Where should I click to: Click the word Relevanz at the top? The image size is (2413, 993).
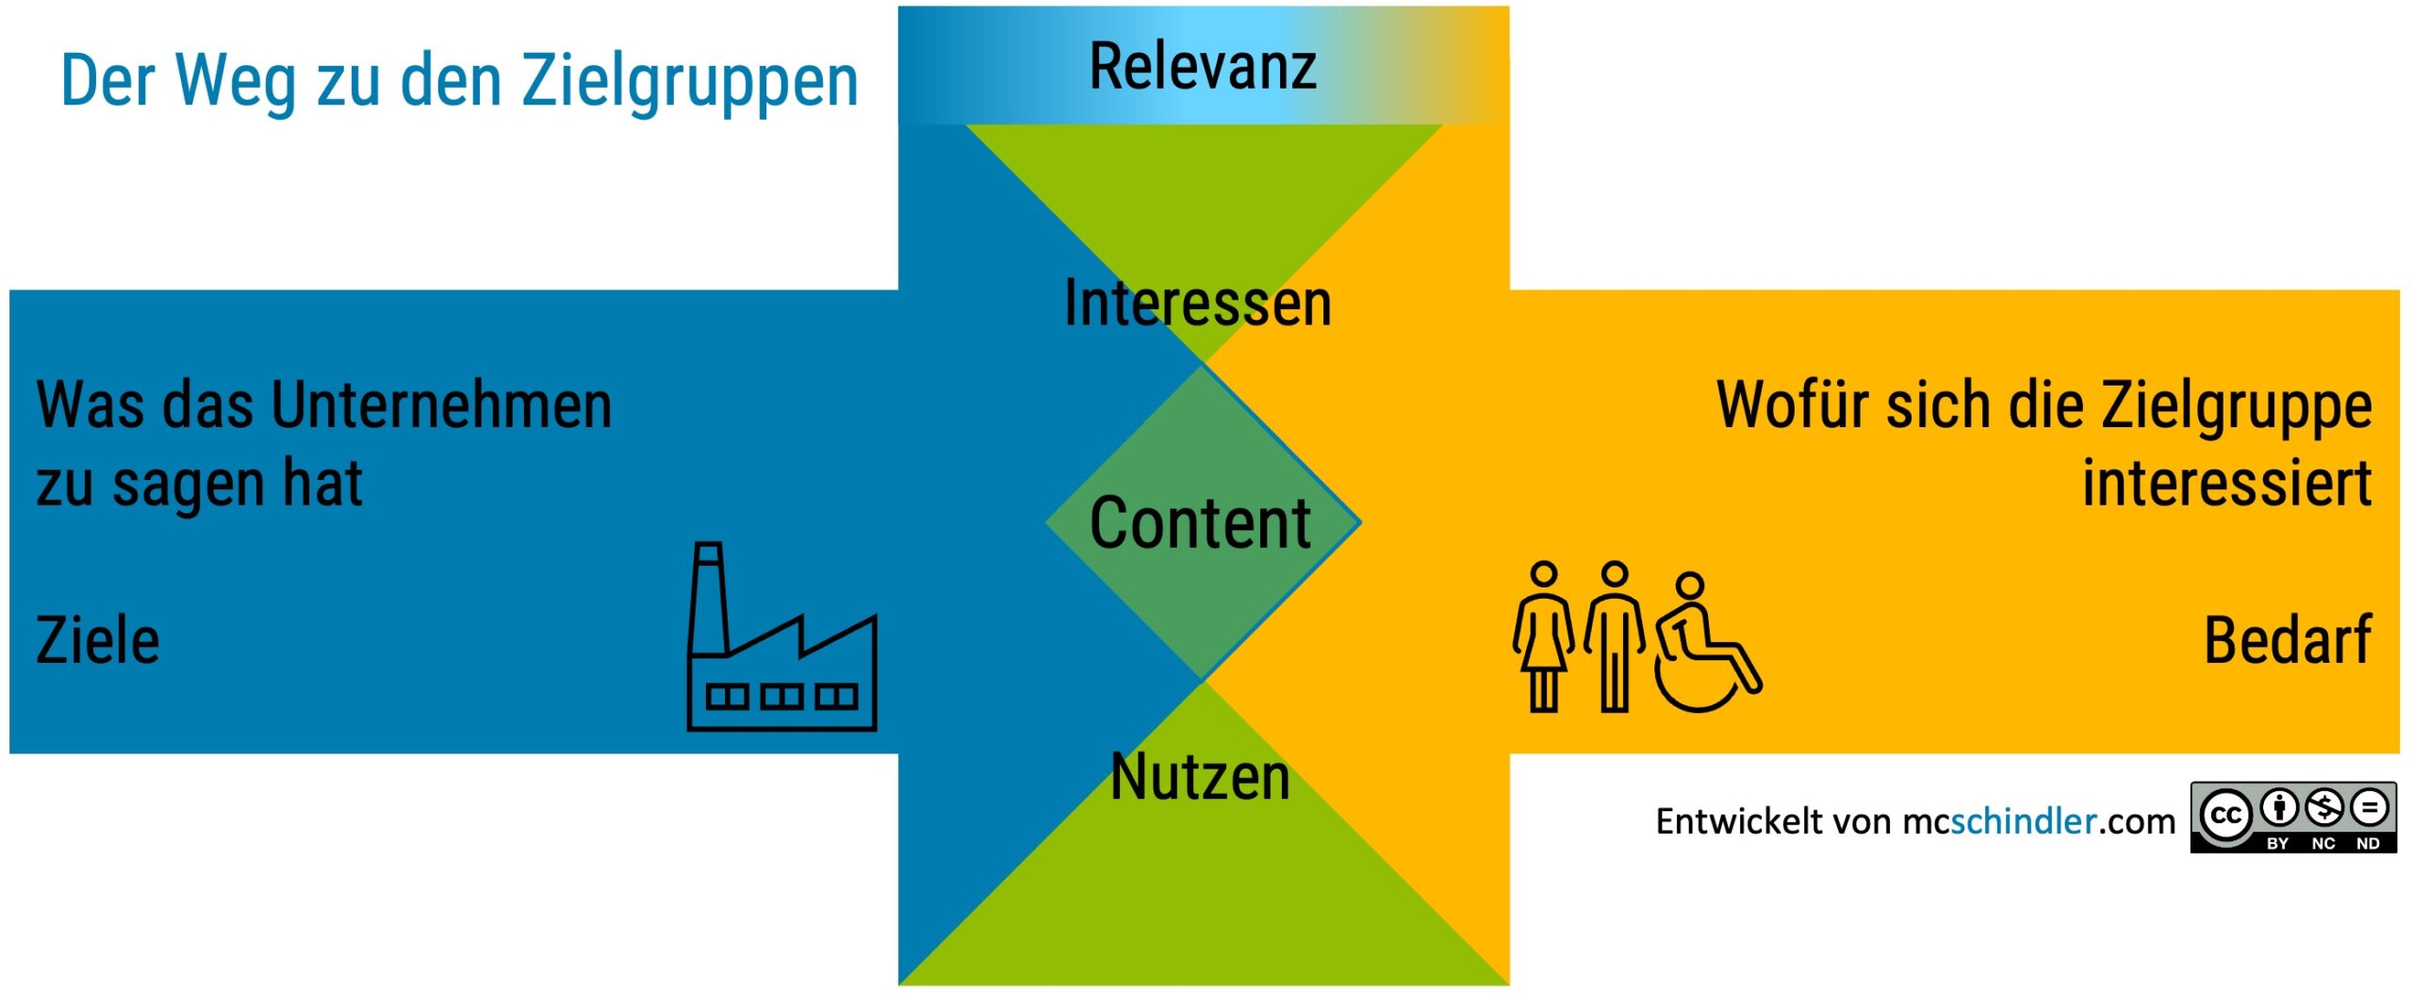1203,67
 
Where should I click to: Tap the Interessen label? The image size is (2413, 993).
1197,304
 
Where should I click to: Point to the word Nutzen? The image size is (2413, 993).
1200,778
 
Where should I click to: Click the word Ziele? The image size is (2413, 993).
98,641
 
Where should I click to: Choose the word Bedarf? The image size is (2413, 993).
2287,641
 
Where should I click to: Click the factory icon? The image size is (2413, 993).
782,651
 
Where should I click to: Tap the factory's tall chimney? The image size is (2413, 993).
708,599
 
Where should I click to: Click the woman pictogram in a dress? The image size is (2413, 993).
1543,637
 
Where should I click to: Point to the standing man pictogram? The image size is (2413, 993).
1615,637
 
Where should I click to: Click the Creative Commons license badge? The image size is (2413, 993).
2292,818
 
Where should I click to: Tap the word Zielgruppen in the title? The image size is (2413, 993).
690,83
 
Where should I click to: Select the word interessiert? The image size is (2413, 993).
2226,484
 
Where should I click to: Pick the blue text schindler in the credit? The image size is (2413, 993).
2023,821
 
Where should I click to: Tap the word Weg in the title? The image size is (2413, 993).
236,83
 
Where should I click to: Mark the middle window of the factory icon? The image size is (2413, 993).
781,697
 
